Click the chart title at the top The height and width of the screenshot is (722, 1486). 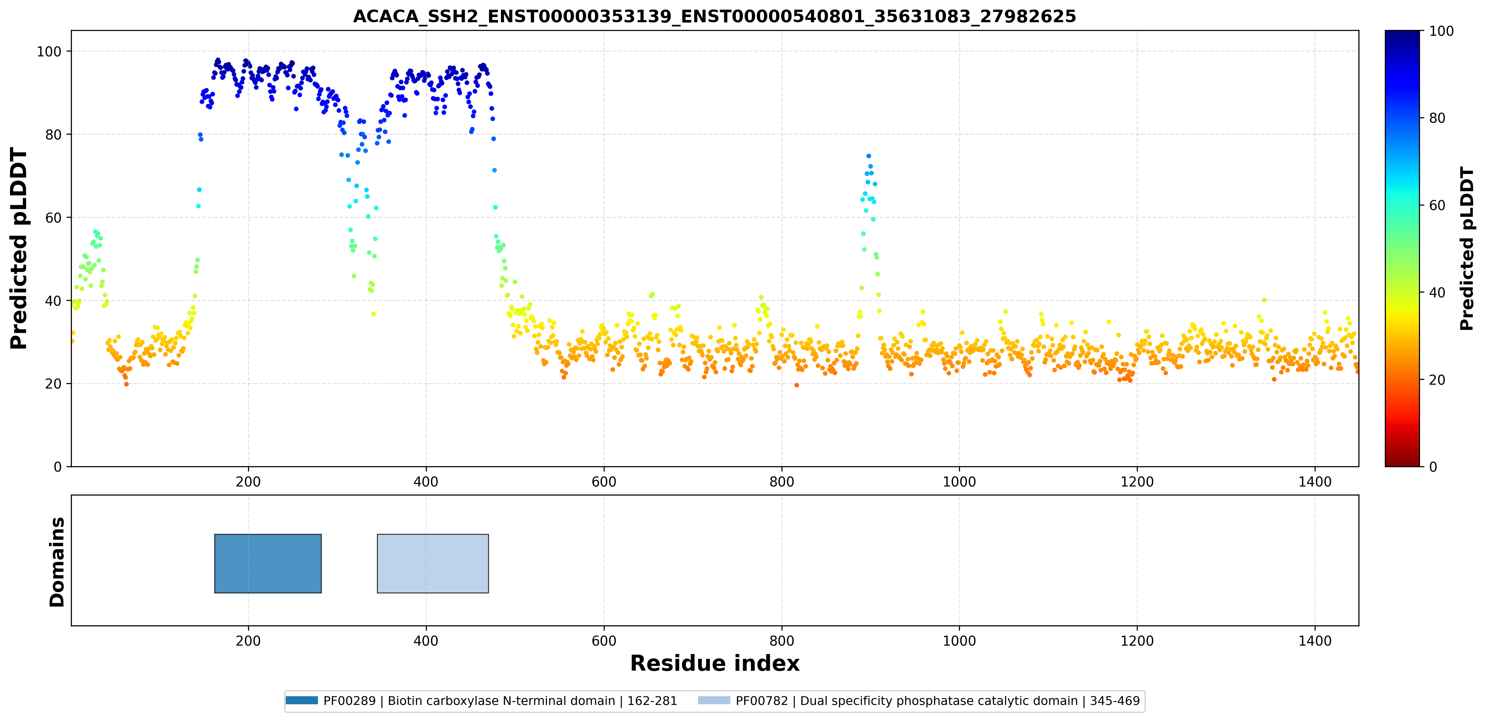click(714, 16)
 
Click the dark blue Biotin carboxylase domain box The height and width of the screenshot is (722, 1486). click(268, 563)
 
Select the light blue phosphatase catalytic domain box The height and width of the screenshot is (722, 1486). click(433, 563)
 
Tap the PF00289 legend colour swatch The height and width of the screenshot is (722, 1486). click(301, 700)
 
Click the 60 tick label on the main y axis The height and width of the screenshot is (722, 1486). click(53, 217)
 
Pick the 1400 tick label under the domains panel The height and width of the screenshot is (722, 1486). click(1315, 640)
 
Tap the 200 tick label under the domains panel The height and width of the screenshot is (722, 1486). click(249, 640)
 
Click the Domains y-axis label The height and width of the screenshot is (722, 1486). click(57, 562)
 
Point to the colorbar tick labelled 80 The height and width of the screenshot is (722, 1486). click(1437, 118)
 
